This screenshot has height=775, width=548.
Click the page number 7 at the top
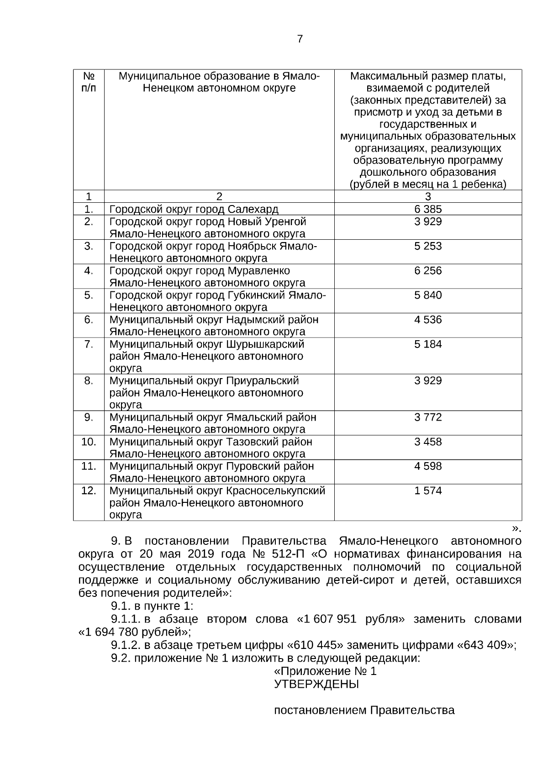[x=300, y=39]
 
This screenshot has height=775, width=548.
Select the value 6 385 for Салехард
[x=428, y=210]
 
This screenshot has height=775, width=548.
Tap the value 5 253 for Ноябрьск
[x=428, y=246]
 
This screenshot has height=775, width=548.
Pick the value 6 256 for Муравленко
[x=428, y=271]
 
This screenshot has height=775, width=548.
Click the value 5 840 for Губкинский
[x=428, y=295]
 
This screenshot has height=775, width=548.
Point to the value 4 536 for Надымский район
[x=428, y=320]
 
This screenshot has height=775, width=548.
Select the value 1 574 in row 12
[x=428, y=491]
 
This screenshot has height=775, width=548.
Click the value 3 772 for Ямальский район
[x=428, y=417]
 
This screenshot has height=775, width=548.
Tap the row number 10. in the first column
[x=89, y=442]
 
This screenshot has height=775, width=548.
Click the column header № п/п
[x=89, y=82]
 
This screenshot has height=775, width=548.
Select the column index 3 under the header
[x=428, y=197]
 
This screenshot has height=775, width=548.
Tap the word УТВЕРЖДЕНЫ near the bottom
[x=316, y=685]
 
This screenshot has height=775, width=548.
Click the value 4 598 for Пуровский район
[x=428, y=466]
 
